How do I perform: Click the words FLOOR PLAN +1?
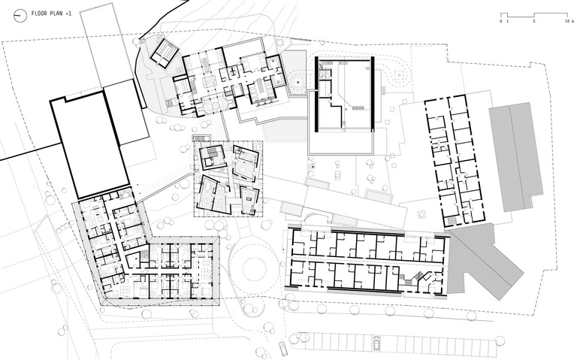pos(52,14)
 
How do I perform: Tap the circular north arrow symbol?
pos(20,16)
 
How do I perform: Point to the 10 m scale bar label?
pos(569,21)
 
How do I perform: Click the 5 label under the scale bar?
pos(533,21)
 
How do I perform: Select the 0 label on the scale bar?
pos(501,21)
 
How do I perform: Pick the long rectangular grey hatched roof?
pos(516,156)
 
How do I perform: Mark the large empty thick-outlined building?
pos(90,144)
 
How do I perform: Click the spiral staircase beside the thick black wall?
pos(325,74)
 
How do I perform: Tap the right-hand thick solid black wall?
pos(373,94)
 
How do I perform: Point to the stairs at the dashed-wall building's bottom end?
pos(452,220)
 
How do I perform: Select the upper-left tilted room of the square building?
pos(212,156)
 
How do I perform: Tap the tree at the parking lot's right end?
pos(499,340)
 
